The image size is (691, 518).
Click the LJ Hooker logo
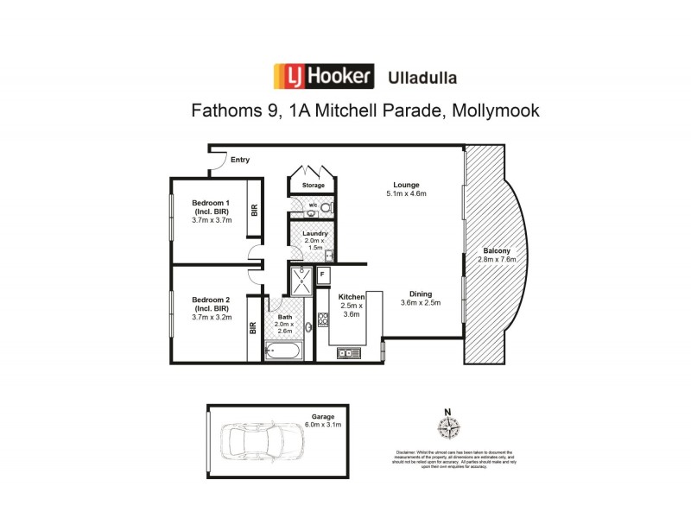323,76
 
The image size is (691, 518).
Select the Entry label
240,160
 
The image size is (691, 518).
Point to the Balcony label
498,250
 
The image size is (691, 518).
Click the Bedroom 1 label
210,203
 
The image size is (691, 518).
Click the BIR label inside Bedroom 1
254,210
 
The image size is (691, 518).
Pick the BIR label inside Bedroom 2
254,328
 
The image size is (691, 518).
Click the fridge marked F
323,275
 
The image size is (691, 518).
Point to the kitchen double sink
347,352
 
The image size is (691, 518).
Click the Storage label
313,186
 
